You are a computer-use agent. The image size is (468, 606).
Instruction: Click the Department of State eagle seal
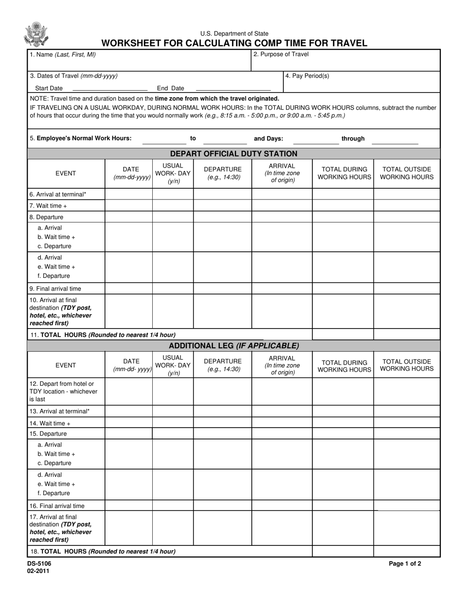point(36,34)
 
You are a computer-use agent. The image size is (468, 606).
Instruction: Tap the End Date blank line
point(233,89)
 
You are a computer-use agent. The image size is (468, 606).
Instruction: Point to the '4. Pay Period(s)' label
point(307,76)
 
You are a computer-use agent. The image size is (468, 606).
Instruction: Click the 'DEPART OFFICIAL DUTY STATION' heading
point(234,154)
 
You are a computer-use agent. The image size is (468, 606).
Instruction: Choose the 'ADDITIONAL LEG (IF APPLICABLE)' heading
point(234,346)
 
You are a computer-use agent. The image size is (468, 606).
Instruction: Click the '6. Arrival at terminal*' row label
point(58,194)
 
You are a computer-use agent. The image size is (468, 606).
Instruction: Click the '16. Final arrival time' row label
point(57,505)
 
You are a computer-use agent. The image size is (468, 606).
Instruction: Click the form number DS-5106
point(39,564)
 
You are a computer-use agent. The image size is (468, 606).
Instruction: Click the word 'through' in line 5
point(353,138)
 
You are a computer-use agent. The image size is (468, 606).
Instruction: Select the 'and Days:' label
point(268,138)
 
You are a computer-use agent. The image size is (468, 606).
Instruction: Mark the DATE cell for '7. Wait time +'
point(129,205)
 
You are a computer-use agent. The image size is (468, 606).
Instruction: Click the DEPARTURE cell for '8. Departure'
point(222,217)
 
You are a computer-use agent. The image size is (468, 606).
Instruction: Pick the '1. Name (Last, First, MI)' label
point(63,55)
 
